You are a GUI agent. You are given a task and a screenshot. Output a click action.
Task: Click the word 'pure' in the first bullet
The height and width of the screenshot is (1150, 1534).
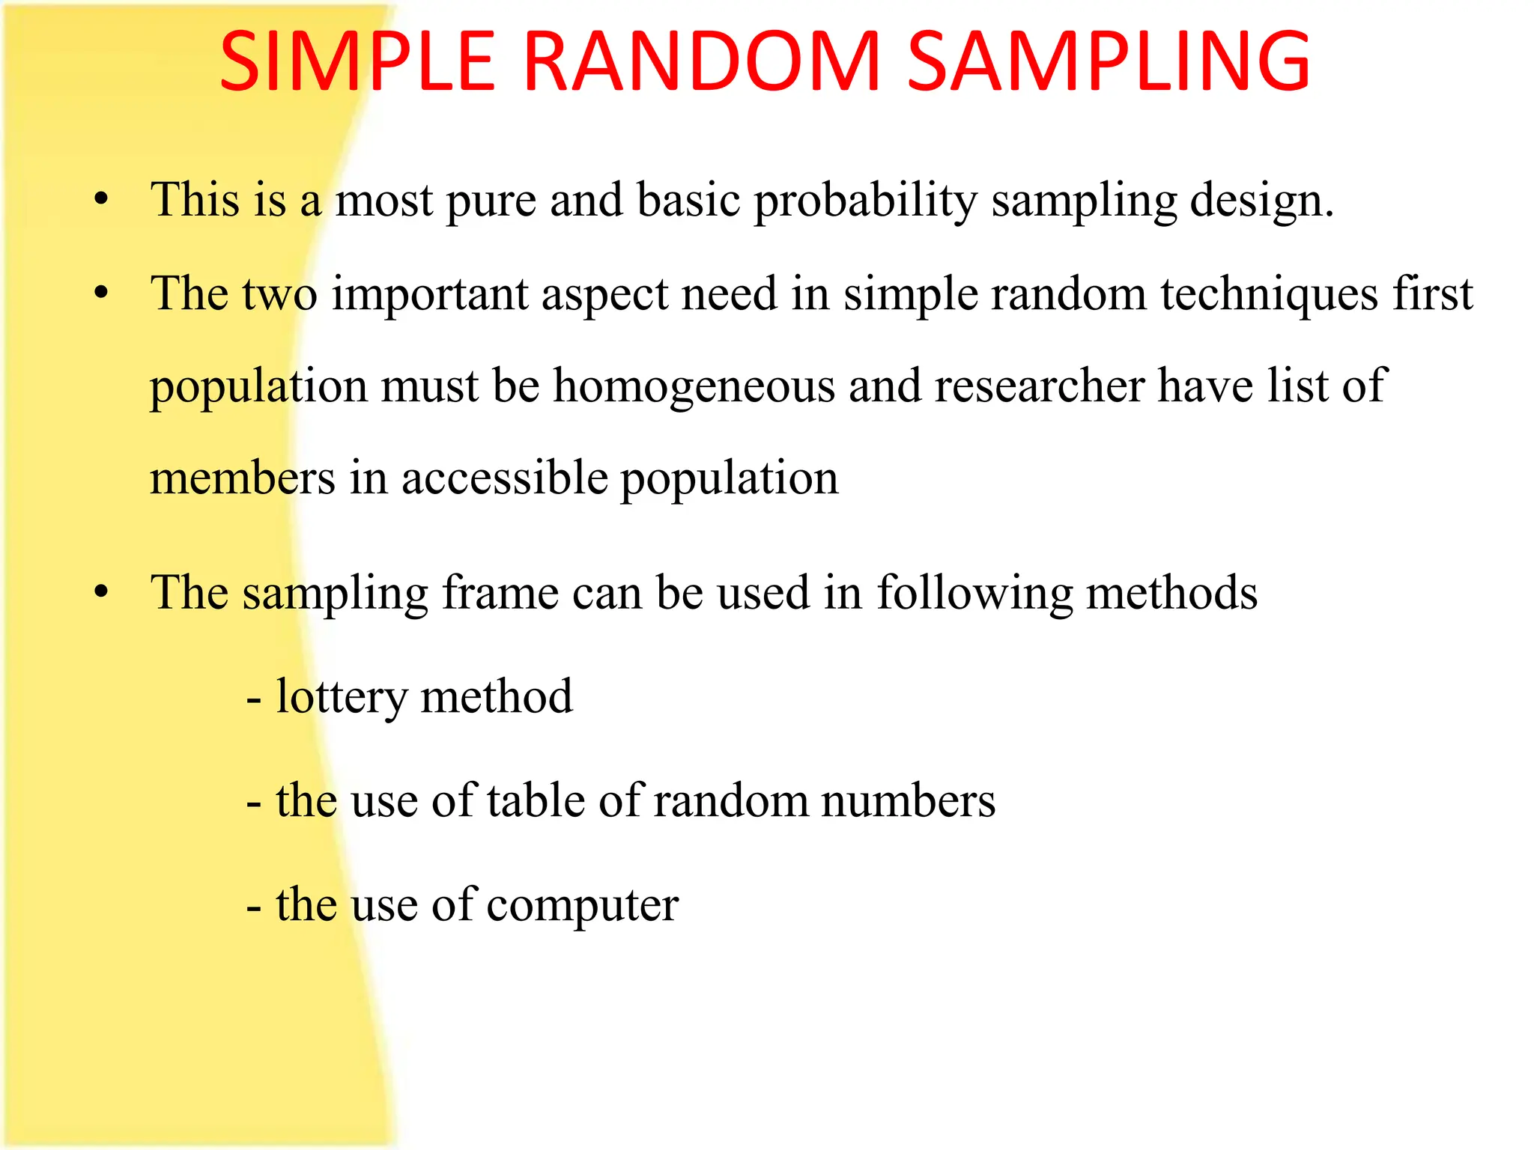(x=491, y=202)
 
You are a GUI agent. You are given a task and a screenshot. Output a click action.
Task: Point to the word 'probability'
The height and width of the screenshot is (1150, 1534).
(x=865, y=202)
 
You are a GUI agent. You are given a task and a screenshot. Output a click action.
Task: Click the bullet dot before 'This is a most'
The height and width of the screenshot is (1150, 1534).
(x=102, y=201)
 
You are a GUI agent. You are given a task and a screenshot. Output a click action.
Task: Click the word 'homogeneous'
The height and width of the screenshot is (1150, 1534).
(x=694, y=387)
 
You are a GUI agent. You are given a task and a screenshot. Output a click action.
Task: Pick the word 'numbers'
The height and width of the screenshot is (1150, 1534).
(x=908, y=801)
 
